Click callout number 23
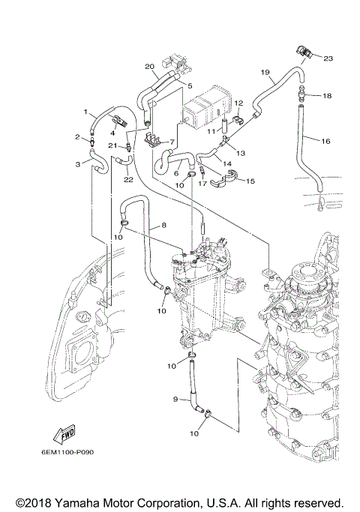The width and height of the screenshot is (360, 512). coord(327,58)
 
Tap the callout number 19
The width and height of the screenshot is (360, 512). coord(265,72)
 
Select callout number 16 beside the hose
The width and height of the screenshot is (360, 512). coord(326,140)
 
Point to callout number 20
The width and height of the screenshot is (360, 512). coord(149,66)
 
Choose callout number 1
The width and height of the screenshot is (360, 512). coord(85,111)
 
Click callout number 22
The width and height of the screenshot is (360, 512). coord(128,179)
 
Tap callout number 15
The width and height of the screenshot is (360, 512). coord(250,181)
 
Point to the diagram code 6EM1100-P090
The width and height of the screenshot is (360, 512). coord(67,453)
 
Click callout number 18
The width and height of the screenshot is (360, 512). coord(326,96)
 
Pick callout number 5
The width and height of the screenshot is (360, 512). coord(190,85)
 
